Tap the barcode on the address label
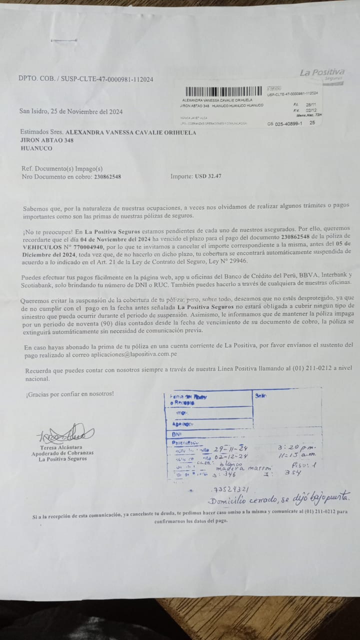click(x=225, y=92)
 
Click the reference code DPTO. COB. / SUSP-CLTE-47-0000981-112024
click(x=85, y=79)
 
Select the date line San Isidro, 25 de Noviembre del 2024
click(x=70, y=111)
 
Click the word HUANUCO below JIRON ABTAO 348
click(x=37, y=148)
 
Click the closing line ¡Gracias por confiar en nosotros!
click(x=70, y=394)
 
